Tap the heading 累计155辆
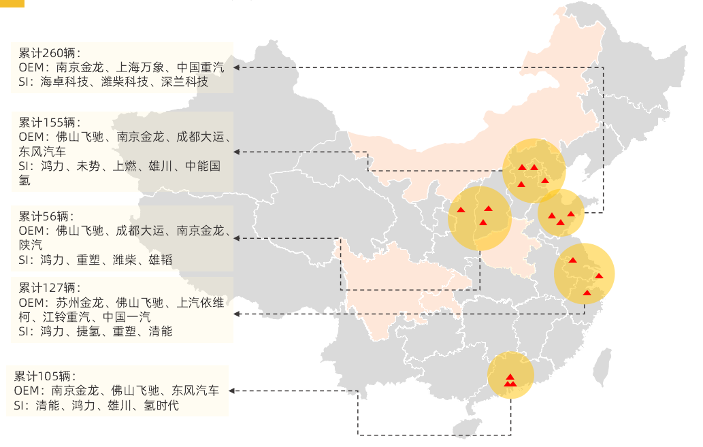pos(50,122)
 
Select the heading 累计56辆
pos(47,216)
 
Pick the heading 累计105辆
pos(45,376)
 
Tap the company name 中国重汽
pos(200,67)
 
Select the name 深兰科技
pos(184,82)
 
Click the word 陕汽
pos(31,244)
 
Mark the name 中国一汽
pos(127,317)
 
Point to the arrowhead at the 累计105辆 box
pos(232,391)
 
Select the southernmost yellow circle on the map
pos(510,375)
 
